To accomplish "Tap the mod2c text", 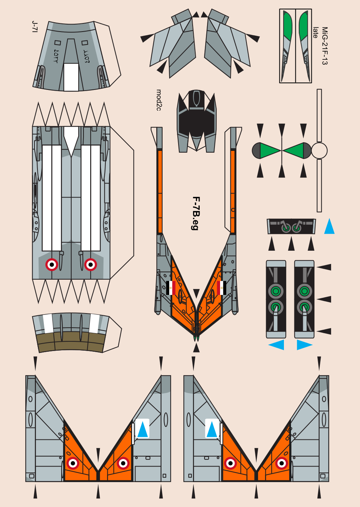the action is [x=159, y=100].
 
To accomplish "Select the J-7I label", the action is [x=35, y=27].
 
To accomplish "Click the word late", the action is [x=316, y=33].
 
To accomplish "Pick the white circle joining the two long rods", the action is [x=319, y=150].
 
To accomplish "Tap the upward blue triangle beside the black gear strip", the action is [x=329, y=226].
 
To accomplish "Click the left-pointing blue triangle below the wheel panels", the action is [x=276, y=345].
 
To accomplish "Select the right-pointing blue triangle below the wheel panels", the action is [x=305, y=345].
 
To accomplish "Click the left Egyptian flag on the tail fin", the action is [x=171, y=288].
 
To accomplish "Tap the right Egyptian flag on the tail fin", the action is [x=222, y=288].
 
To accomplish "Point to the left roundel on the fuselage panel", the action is [x=52, y=264].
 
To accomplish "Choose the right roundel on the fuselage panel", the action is [x=91, y=264].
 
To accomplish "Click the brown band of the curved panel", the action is [x=71, y=342].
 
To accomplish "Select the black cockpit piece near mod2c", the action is [x=196, y=121].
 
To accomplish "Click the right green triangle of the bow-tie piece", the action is [x=293, y=150].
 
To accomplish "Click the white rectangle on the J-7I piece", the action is [x=71, y=77].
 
